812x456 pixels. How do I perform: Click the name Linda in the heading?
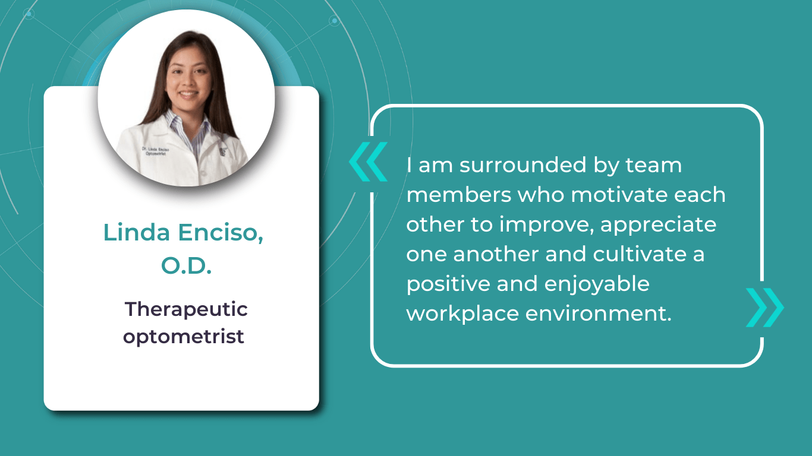pos(137,232)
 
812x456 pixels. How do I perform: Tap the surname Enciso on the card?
pos(221,232)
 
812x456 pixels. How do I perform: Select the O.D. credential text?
pos(186,265)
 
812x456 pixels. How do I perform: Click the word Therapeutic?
pos(186,310)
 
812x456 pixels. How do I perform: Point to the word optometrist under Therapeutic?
pos(184,337)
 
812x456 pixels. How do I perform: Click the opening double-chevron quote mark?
pos(369,161)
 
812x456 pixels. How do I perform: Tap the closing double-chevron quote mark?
pos(765,308)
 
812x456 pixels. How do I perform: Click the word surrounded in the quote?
pos(523,165)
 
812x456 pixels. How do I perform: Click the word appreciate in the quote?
pos(658,225)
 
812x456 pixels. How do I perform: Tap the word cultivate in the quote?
pos(640,254)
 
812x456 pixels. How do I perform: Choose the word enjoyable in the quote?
pos(597,284)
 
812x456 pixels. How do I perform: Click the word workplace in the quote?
pos(462,313)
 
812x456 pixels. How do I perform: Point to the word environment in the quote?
pos(599,313)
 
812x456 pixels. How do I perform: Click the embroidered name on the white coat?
pos(155,151)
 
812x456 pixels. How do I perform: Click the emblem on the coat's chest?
pos(222,152)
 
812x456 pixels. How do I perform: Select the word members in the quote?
pos(458,195)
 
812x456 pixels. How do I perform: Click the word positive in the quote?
pos(448,284)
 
